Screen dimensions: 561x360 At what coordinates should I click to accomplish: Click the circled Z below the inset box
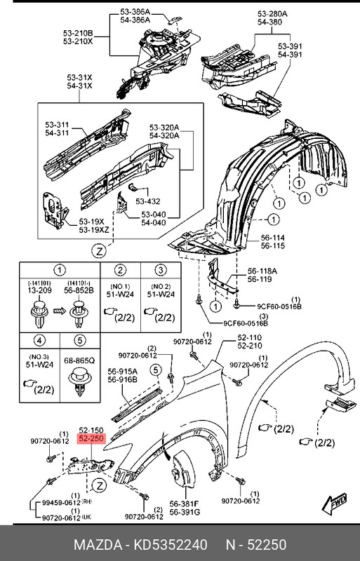pos(100,250)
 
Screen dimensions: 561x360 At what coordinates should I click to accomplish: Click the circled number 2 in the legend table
pos(121,270)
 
